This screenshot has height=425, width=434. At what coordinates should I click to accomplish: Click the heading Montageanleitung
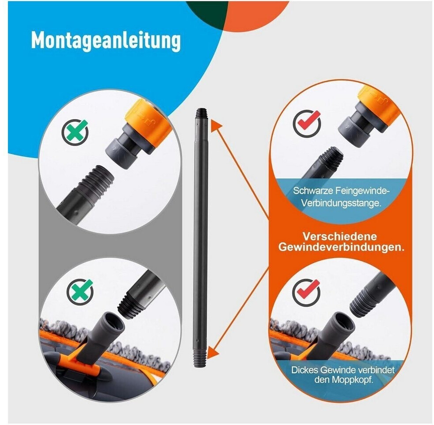106,41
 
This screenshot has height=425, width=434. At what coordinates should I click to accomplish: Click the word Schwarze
312,191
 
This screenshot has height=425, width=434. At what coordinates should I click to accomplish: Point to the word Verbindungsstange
341,203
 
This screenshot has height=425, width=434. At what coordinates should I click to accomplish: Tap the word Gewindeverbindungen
341,247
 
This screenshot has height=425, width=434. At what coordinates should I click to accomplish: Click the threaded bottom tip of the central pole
201,359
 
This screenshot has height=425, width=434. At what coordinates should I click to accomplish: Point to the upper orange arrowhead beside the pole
217,125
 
